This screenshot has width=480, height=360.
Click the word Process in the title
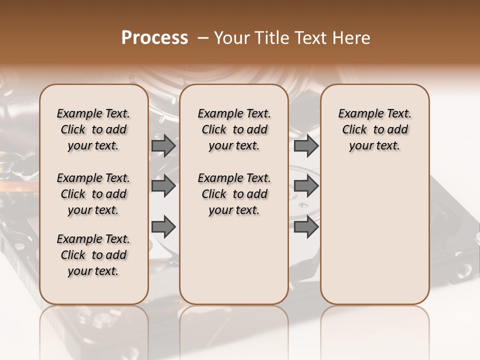click(154, 38)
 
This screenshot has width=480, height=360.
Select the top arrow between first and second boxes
click(163, 145)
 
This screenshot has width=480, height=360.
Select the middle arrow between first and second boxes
click(163, 186)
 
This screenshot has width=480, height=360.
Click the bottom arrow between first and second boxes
click(163, 226)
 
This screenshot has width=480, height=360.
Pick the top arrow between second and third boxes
click(306, 145)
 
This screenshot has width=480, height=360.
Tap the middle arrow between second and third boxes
click(306, 186)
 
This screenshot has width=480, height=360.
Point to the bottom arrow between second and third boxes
click(306, 226)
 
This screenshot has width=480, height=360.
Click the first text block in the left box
click(93, 129)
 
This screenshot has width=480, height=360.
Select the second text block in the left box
click(93, 194)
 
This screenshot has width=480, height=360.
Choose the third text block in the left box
click(93, 255)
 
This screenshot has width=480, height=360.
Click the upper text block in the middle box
click(234, 129)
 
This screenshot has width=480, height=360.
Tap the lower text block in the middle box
click(234, 194)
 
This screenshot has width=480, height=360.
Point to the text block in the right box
click(374, 129)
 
